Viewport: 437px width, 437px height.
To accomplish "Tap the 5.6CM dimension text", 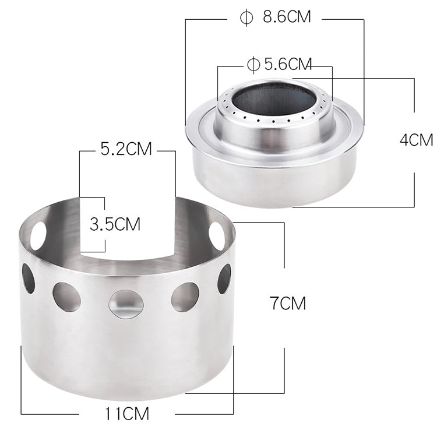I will tap(288, 64).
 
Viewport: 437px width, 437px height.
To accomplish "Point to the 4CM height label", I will tap(417, 140).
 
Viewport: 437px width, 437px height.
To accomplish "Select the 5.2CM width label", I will tap(126, 150).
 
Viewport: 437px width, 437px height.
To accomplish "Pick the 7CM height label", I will tap(288, 303).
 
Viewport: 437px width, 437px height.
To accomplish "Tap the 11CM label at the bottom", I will tap(128, 415).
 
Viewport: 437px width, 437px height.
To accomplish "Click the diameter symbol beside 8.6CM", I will tap(246, 17).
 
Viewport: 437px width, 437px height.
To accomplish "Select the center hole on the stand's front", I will tap(126, 302).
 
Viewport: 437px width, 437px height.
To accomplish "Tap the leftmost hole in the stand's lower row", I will tap(28, 278).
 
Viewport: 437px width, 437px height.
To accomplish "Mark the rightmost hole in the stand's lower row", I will tap(224, 278).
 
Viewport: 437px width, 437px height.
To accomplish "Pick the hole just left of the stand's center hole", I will tap(66, 296).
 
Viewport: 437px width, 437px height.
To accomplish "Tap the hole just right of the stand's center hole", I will tap(185, 296).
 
